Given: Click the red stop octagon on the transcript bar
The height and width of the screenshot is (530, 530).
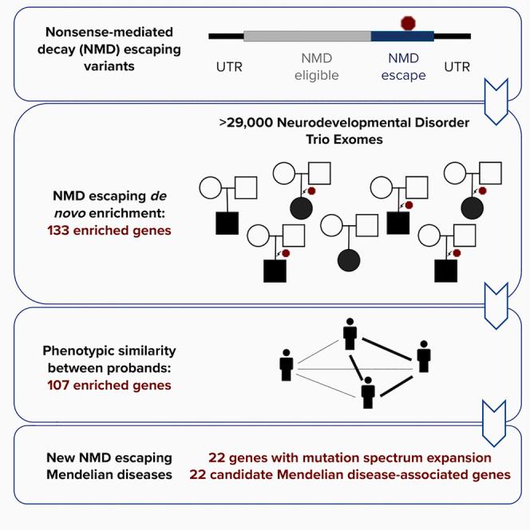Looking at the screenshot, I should pos(409,22).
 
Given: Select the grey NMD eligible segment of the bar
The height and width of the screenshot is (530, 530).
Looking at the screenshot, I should pos(307,36).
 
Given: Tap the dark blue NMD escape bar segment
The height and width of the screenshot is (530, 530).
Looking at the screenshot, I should pos(402,36).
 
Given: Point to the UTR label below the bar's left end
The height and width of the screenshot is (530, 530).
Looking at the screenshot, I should pos(230,67).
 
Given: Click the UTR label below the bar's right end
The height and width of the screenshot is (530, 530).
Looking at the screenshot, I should pos(457,67).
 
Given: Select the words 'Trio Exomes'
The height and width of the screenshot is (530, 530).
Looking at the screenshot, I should pos(343,140).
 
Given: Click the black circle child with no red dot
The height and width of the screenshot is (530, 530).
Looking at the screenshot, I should pos(349,260).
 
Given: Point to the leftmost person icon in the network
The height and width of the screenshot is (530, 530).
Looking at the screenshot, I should pos(287,365).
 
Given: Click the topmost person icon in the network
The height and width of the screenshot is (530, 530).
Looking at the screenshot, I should pos(349,334).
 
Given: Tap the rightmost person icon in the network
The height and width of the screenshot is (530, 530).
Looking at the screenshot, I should pos(425,355).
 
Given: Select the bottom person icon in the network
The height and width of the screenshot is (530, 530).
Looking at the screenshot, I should pos(368,392).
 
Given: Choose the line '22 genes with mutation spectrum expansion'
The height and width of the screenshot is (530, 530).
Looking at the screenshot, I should pos(350,458).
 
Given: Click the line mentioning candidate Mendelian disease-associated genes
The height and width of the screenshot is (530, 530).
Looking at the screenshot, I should pos(350,475).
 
